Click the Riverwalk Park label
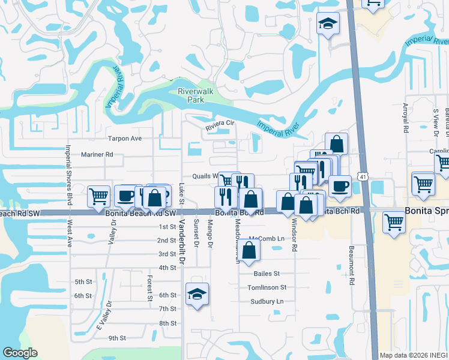192,95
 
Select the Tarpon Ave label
124,139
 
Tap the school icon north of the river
327,24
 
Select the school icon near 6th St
197,295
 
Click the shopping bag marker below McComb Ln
250,250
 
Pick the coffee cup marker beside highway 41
340,187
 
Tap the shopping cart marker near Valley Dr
98,196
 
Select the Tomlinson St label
267,287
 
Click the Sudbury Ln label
267,301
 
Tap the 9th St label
117,338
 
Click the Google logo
20,353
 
